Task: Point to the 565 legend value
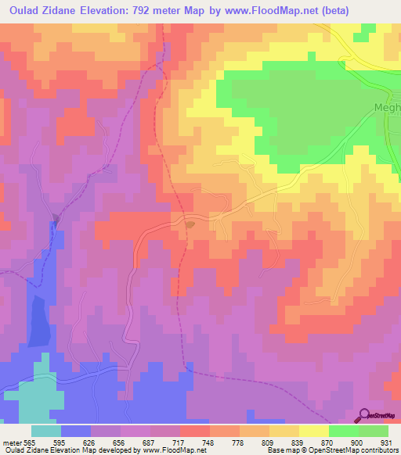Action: [x=29, y=442]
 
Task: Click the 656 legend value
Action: [x=119, y=442]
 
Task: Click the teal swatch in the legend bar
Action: [x=46, y=431]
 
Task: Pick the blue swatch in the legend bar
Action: [x=76, y=431]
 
